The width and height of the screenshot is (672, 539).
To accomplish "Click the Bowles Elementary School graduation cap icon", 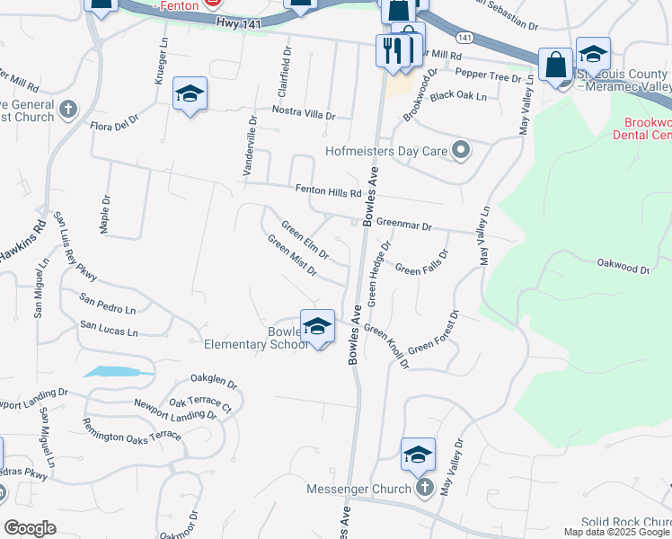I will (x=317, y=326).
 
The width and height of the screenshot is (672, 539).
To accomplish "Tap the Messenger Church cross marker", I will (x=424, y=489).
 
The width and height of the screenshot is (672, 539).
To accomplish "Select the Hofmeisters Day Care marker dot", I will (x=461, y=150).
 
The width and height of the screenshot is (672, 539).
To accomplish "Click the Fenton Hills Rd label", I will (x=328, y=191).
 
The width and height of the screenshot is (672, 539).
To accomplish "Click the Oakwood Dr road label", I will (x=623, y=268).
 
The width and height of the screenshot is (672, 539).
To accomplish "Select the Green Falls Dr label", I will (x=421, y=269).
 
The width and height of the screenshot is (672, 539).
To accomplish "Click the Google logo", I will (x=30, y=528).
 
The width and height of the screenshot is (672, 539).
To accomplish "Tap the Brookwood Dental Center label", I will (x=641, y=128).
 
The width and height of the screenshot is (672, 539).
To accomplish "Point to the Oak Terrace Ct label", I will (x=199, y=406).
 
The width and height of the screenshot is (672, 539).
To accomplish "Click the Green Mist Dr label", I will (x=293, y=256).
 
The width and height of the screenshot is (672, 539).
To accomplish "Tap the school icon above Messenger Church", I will (x=418, y=455).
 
